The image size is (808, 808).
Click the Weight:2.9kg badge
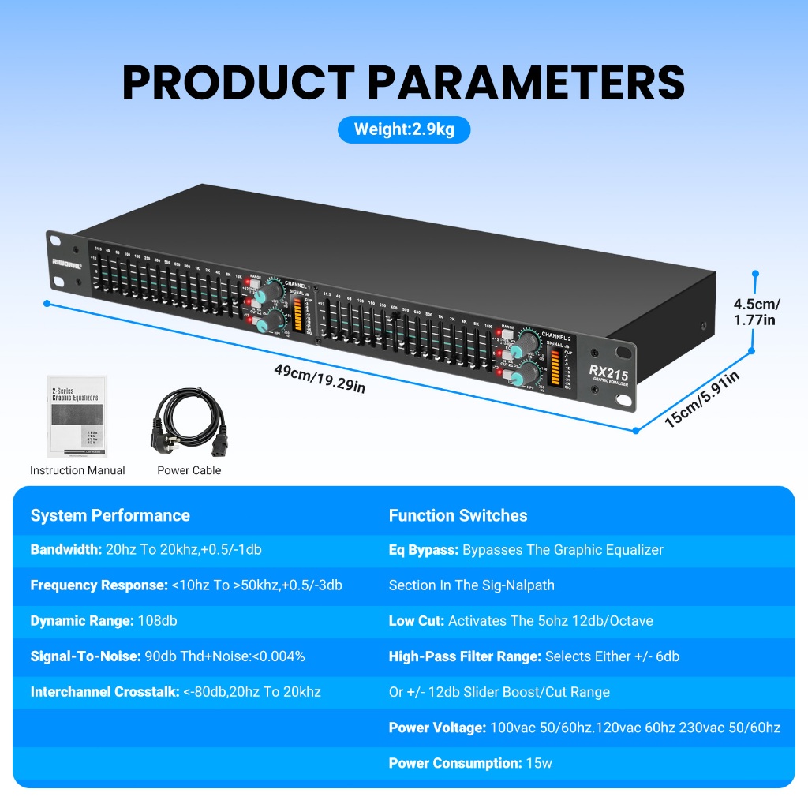pos(404,129)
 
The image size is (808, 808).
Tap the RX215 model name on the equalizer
pos(608,372)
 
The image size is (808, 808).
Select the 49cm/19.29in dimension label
pos(320,377)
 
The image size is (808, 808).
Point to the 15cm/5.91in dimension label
pos(701,399)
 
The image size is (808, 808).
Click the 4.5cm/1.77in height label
pos(756,312)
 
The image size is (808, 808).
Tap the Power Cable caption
pos(189,470)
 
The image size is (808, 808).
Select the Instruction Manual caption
pos(77,470)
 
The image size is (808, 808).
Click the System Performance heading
pos(110,515)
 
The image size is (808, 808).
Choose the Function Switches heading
pos(458,515)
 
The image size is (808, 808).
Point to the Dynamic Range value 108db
pos(157,621)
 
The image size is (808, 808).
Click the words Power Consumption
pos(454,763)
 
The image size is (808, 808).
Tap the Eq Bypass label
pos(424,550)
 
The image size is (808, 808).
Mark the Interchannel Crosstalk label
pos(105,692)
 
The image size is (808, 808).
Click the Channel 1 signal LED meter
pos(297,312)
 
